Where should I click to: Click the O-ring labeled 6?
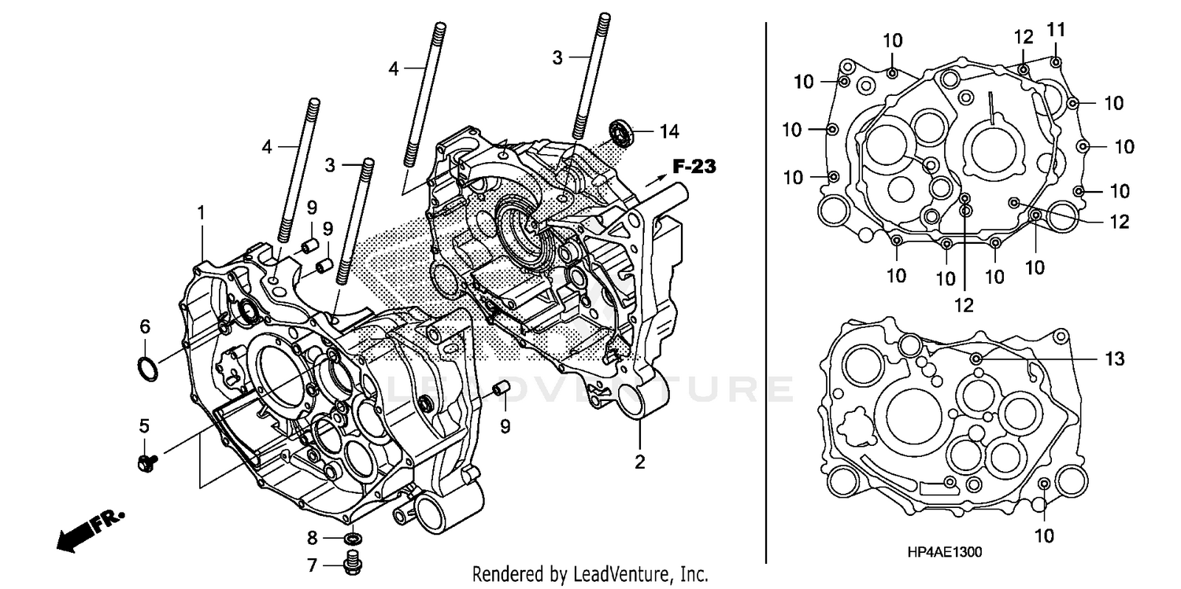pyautogui.click(x=147, y=366)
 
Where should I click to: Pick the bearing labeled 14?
pyautogui.click(x=623, y=132)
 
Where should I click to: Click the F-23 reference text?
pyautogui.click(x=694, y=166)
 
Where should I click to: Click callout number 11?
pyautogui.click(x=1055, y=31)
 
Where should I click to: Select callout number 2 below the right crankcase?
pyautogui.click(x=639, y=462)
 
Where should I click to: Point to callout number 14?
pyautogui.click(x=669, y=131)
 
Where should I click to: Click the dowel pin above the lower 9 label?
pyautogui.click(x=498, y=388)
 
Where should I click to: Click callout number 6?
pyautogui.click(x=144, y=326)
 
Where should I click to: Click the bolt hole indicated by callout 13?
pyautogui.click(x=977, y=359)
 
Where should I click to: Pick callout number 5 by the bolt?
pyautogui.click(x=144, y=425)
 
